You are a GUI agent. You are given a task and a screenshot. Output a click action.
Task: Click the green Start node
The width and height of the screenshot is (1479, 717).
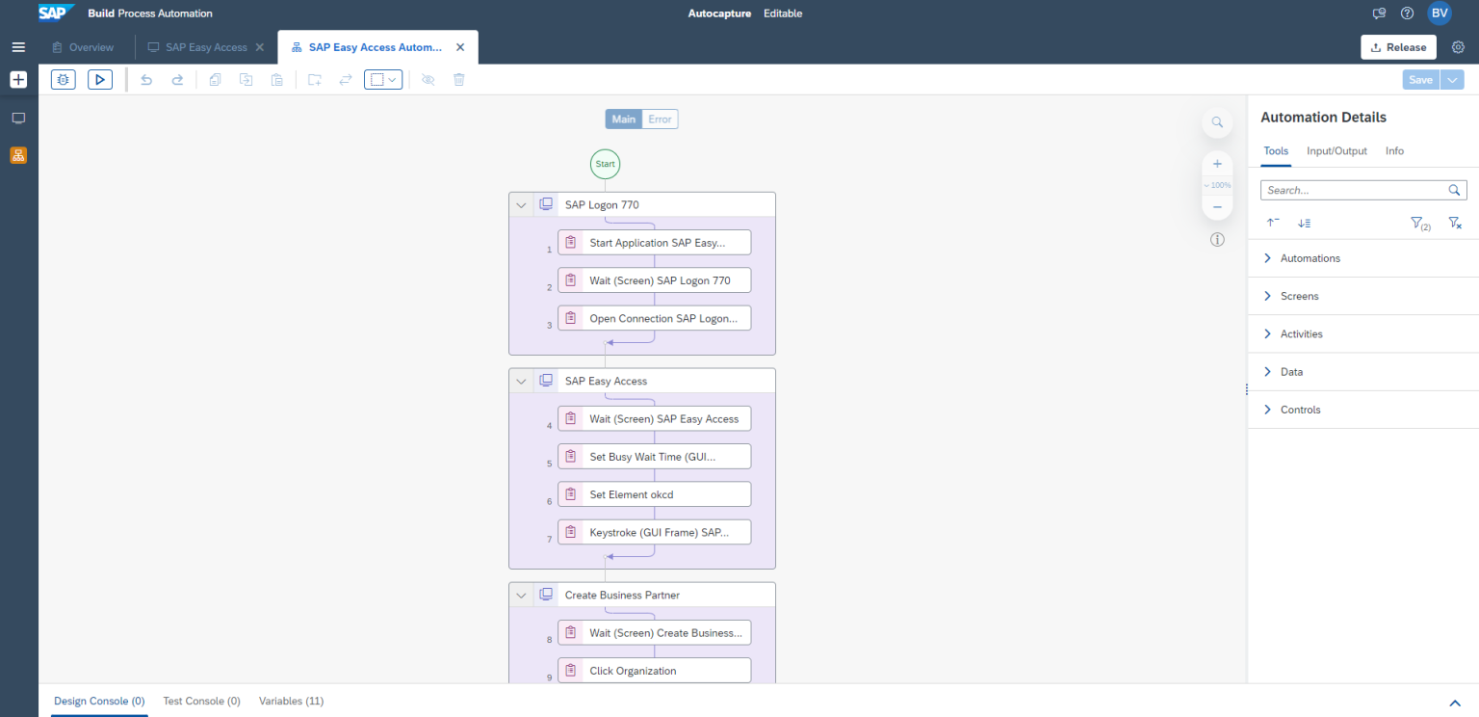click(x=605, y=164)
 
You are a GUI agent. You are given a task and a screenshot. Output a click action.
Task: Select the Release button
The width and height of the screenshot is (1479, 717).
click(x=1398, y=47)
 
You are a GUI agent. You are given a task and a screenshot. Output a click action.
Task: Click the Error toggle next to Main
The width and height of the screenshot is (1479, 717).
click(x=660, y=119)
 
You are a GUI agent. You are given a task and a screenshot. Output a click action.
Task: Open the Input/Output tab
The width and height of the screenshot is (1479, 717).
click(x=1336, y=150)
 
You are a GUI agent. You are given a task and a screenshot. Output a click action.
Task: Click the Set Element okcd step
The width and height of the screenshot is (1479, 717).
click(x=655, y=494)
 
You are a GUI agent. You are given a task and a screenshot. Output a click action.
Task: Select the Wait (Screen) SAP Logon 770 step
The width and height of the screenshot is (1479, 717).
click(x=655, y=280)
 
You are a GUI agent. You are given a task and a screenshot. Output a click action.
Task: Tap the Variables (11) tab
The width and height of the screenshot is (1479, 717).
click(x=291, y=701)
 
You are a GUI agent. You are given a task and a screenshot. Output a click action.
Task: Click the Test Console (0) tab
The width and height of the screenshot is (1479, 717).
click(x=201, y=701)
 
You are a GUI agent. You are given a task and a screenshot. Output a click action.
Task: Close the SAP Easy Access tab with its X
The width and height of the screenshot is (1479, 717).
click(x=259, y=47)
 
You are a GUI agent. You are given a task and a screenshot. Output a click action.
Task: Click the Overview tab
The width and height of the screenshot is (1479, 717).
click(x=83, y=47)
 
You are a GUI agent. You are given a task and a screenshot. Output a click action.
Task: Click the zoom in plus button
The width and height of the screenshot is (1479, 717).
click(x=1217, y=164)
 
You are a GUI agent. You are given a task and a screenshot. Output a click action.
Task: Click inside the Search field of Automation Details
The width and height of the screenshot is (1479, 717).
click(x=1354, y=190)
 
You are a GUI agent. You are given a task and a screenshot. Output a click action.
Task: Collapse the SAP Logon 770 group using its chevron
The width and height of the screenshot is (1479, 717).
click(x=521, y=205)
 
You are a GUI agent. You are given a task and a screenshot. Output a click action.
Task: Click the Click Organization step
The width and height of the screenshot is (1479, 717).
click(x=655, y=670)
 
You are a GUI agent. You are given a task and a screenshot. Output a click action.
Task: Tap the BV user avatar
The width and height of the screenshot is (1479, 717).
click(x=1440, y=13)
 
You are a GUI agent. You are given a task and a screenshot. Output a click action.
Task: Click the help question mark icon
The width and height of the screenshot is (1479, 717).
click(x=1407, y=13)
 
